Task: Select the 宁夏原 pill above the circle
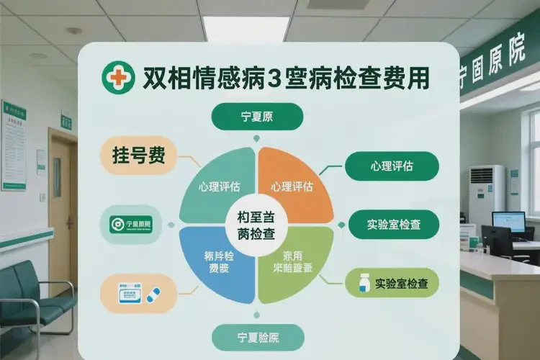point(257,117)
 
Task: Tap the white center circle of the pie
point(257,223)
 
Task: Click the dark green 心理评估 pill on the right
point(392,166)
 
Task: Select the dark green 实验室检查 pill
point(394,224)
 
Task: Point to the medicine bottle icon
point(362,282)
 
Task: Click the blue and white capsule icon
point(153,294)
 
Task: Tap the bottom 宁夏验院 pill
point(258,337)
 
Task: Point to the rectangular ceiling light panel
point(245,28)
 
